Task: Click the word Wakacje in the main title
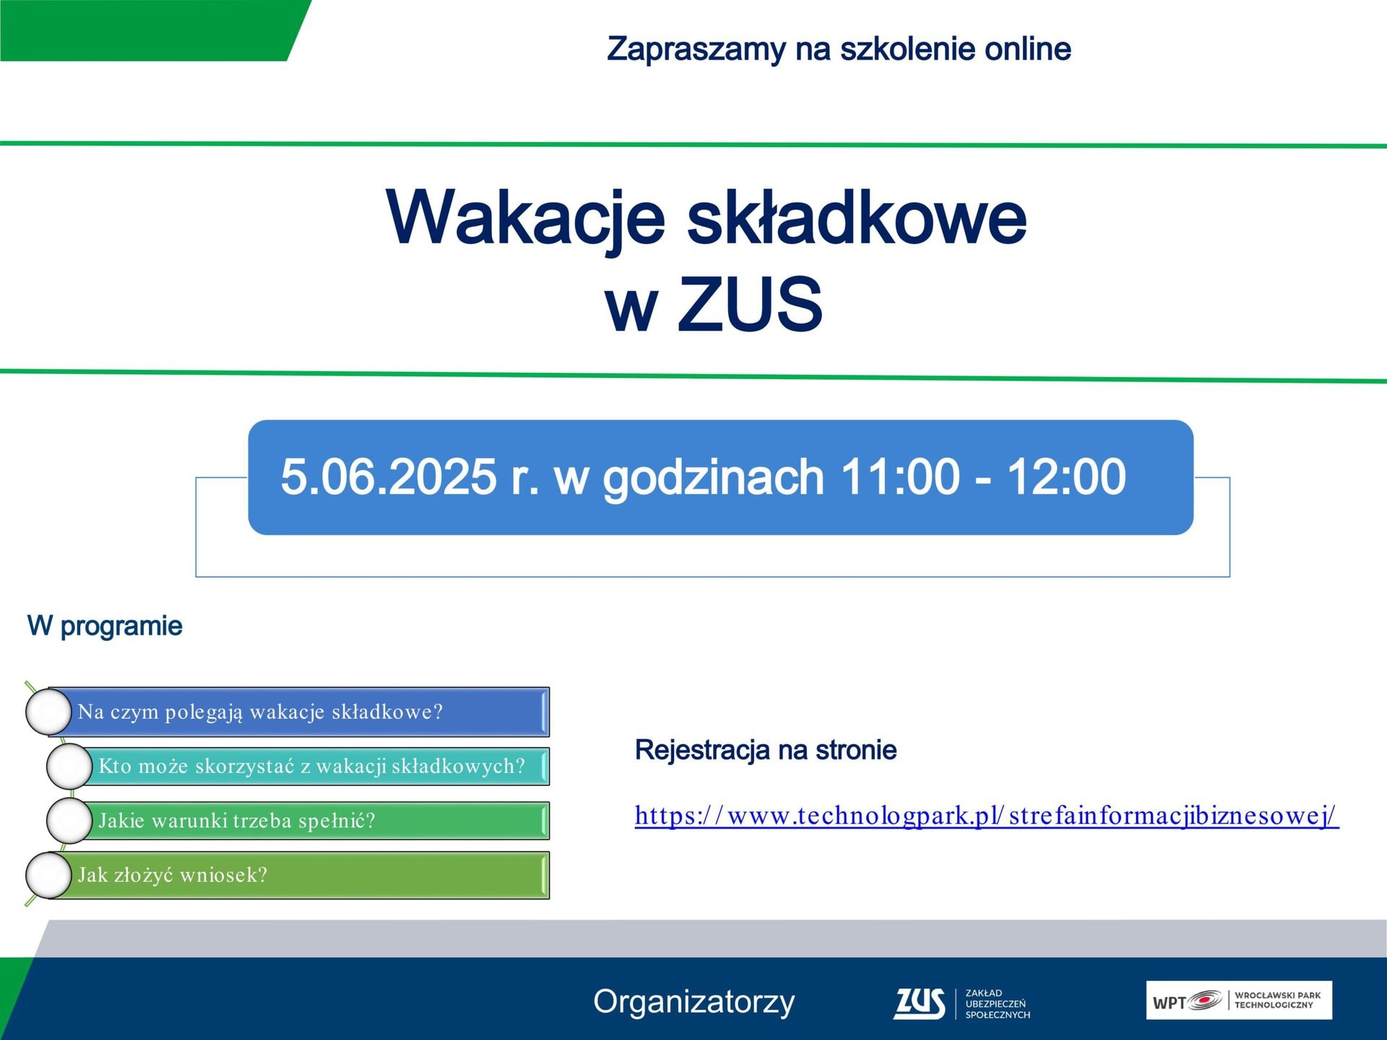[x=525, y=218]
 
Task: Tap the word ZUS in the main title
[x=749, y=304]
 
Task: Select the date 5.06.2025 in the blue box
[x=388, y=477]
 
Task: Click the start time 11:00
[x=899, y=477]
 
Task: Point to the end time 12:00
[x=1066, y=477]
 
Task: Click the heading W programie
[x=105, y=626]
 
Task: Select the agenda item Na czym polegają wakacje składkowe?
[x=260, y=712]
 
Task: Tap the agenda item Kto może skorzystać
[x=311, y=766]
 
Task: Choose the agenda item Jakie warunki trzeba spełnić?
[x=237, y=820]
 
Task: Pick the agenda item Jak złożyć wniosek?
[x=173, y=875]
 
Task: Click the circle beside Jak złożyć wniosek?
[x=48, y=875]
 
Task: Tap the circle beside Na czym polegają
[x=48, y=711]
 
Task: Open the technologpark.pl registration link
[x=986, y=816]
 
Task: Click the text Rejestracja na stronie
[x=766, y=750]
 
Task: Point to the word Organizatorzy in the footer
[x=693, y=1002]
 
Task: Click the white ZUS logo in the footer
[x=919, y=1003]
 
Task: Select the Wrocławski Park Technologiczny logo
[x=1238, y=1000]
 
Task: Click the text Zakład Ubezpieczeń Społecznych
[x=997, y=1004]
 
